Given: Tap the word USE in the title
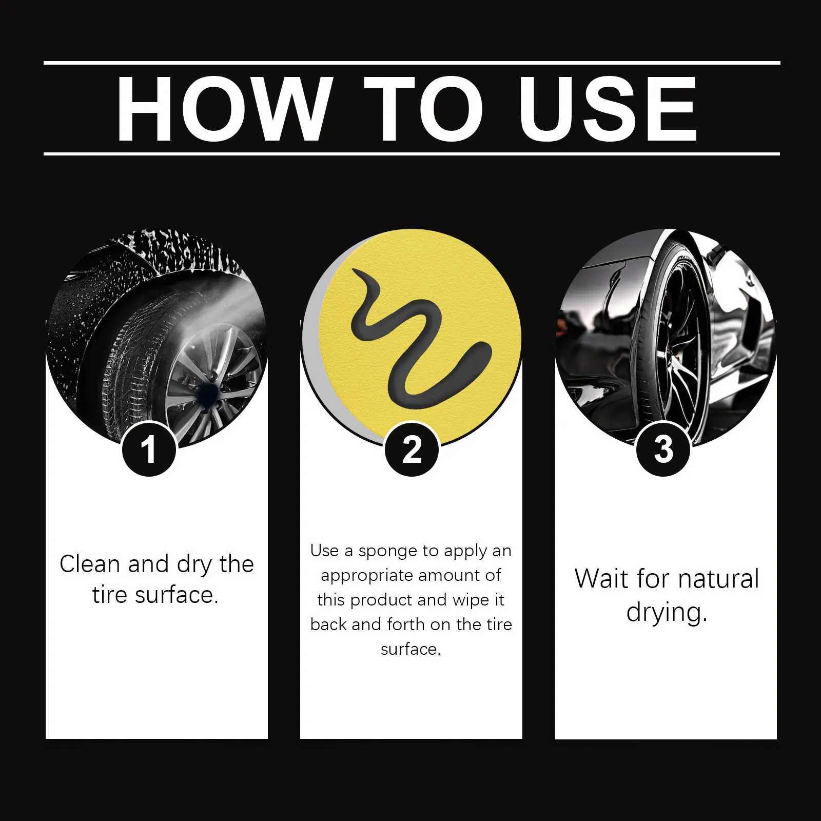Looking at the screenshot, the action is point(608,108).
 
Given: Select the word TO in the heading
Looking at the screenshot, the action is point(424,108).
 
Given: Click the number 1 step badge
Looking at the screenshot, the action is point(149,449).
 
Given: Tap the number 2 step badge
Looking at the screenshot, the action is point(412,449).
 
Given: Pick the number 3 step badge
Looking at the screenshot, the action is point(663,449).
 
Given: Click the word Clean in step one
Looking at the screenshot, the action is point(90,564).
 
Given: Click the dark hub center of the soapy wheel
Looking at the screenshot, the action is point(208,392).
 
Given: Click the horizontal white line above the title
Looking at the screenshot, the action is point(412,63).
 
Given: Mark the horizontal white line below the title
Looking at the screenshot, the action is point(412,153).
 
